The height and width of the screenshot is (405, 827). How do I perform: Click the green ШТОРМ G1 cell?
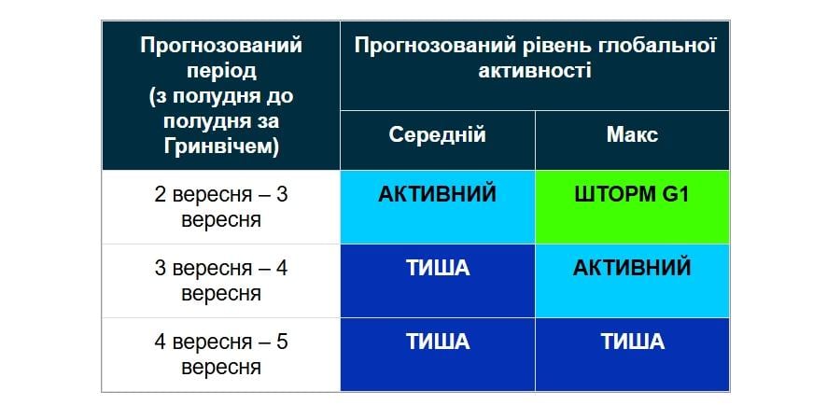632,206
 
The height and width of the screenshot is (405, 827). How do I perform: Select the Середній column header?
437,135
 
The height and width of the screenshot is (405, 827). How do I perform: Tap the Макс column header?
632,135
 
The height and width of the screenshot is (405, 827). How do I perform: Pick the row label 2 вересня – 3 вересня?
221,207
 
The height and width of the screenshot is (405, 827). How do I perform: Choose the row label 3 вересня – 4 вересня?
221,281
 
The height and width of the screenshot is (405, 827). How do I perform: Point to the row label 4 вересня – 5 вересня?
221,355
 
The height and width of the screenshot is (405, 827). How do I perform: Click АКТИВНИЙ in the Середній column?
437,195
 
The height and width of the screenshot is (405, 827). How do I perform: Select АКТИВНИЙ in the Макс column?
632,269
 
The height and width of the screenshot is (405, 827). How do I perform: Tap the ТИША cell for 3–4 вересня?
437,269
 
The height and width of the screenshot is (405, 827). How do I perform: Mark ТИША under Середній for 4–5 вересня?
437,342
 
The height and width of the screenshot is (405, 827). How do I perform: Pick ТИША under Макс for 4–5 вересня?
632,342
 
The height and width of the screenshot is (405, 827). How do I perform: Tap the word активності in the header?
535,70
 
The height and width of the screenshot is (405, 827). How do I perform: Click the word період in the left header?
221,70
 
